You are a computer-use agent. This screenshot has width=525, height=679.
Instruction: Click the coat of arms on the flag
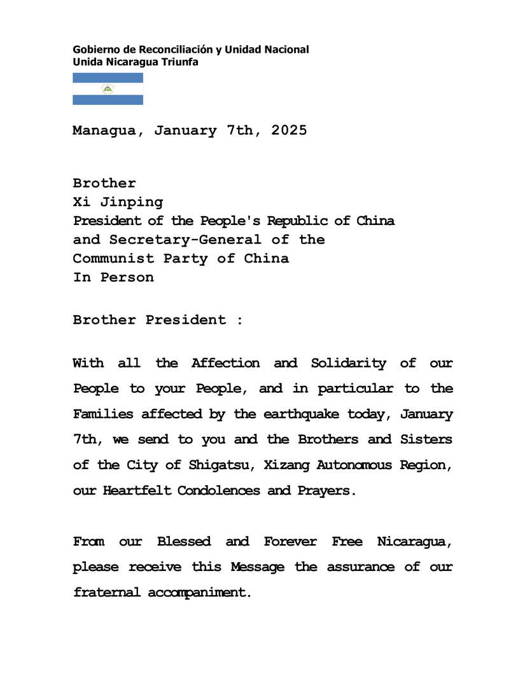coord(108,89)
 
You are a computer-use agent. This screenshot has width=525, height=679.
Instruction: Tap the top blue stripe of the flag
coord(108,78)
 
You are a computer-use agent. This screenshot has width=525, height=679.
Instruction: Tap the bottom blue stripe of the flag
coord(108,100)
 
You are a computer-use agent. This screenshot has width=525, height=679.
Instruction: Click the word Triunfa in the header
coord(181,62)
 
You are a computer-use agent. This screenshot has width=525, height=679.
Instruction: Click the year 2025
coord(289,130)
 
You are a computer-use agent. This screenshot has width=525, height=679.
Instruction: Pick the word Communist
coord(113,258)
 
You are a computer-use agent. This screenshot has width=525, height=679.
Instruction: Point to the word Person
coord(127,277)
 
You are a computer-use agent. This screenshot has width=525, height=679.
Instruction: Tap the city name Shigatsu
coord(214,465)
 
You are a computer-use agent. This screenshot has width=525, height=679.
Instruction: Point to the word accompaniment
coord(197,593)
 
